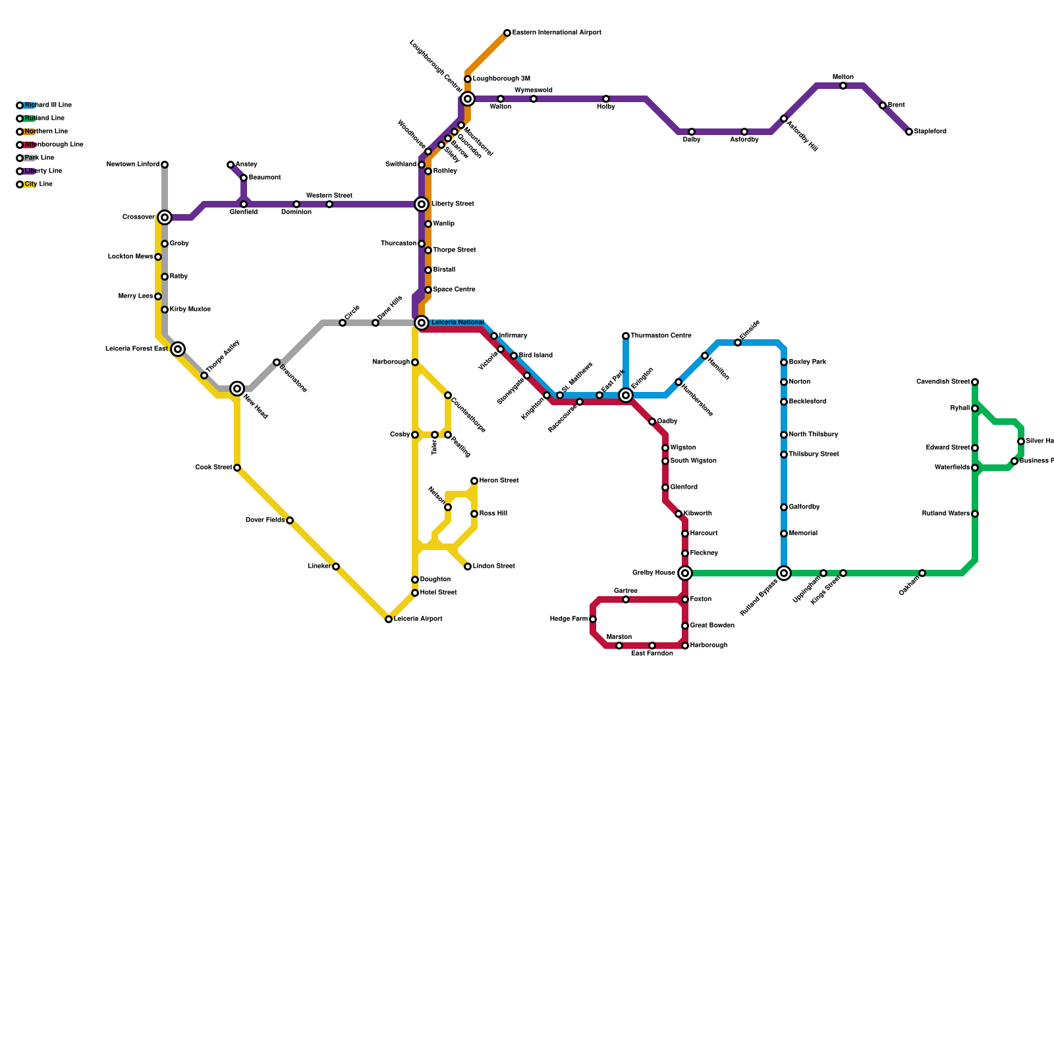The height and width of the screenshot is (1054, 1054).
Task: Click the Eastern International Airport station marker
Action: click(x=507, y=33)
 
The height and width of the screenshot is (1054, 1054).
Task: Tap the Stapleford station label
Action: click(x=930, y=132)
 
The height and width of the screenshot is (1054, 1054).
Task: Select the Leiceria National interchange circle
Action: click(x=422, y=323)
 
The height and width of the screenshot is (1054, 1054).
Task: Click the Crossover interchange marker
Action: click(x=165, y=217)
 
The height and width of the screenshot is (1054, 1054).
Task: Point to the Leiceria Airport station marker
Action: click(x=389, y=619)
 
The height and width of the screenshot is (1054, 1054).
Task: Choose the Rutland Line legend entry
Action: click(x=43, y=119)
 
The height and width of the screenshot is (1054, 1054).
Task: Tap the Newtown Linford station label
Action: click(x=133, y=165)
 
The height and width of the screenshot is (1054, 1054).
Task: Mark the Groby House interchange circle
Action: click(x=685, y=573)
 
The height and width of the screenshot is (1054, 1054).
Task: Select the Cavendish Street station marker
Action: click(x=975, y=382)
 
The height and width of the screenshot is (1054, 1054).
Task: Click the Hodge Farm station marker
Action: click(x=593, y=619)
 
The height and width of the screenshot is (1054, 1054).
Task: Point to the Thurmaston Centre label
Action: click(x=661, y=336)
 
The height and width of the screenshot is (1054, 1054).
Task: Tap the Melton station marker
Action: click(x=843, y=86)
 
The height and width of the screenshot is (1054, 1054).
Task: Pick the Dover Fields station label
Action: click(x=265, y=520)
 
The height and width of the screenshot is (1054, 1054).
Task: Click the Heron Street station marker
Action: click(x=474, y=481)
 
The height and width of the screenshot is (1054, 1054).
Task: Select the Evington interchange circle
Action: click(x=626, y=395)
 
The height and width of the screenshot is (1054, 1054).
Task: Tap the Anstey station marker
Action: click(x=231, y=165)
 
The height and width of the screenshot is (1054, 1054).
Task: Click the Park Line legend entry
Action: click(x=39, y=158)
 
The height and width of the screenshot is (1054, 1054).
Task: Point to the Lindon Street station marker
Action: click(x=468, y=567)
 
